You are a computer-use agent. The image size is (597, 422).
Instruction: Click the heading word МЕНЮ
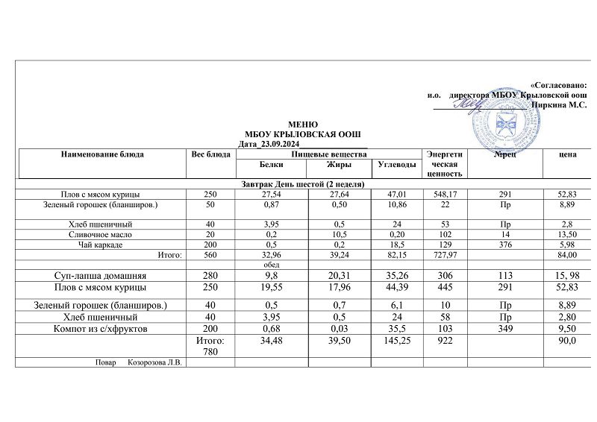coord(303,124)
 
